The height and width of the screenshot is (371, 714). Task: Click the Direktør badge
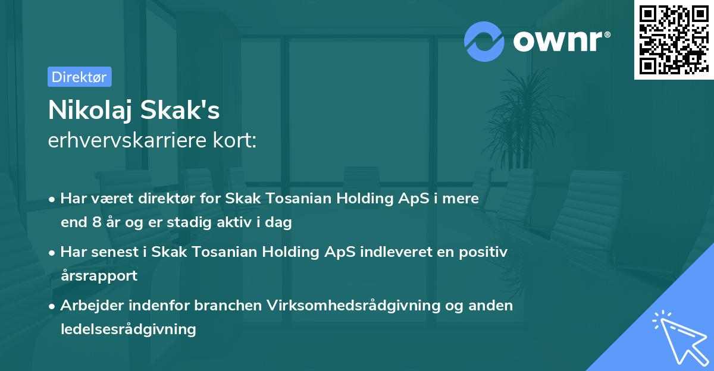[79, 77]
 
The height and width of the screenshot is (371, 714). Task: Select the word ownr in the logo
[560, 40]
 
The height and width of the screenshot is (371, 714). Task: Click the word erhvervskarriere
[121, 140]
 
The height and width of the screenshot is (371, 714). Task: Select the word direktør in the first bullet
[168, 199]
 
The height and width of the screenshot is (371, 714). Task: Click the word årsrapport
[99, 275]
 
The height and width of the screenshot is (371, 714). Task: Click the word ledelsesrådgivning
[128, 329]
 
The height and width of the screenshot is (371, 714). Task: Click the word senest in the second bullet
[116, 251]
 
